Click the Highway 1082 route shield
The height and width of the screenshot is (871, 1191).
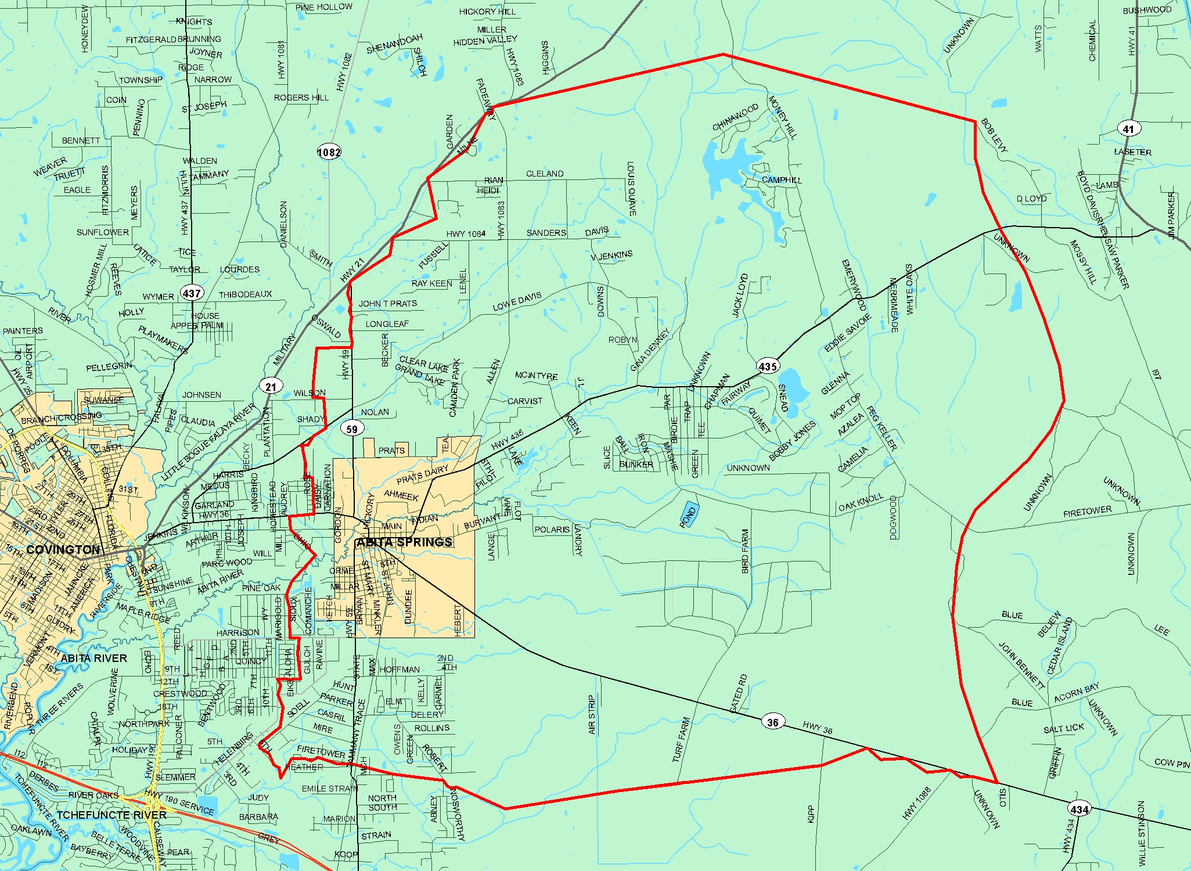point(329,152)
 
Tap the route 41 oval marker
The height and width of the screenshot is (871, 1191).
point(1128,129)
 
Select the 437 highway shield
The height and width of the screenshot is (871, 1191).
point(192,293)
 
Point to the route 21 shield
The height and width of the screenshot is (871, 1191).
point(271,386)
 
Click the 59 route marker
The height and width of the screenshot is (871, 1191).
point(352,429)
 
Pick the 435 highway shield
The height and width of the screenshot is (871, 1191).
point(768,366)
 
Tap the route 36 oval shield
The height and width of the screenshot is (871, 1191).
point(772,722)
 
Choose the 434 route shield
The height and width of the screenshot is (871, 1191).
point(1079,809)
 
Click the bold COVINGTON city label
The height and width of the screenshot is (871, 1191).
point(63,549)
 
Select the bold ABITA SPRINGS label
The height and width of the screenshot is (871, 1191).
point(404,542)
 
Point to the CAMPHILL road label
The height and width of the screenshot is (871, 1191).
point(782,180)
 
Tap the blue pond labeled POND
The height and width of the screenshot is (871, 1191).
point(689,514)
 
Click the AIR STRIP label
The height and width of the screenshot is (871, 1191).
point(592,715)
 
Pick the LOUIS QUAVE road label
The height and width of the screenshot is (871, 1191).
point(631,189)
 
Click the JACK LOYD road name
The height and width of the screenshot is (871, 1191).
point(740,295)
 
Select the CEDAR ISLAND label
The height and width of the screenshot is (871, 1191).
point(1060,646)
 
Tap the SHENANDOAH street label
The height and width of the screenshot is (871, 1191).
point(394,44)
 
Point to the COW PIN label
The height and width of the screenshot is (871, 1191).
point(1172,763)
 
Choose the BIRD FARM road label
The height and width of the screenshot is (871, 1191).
point(746,551)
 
